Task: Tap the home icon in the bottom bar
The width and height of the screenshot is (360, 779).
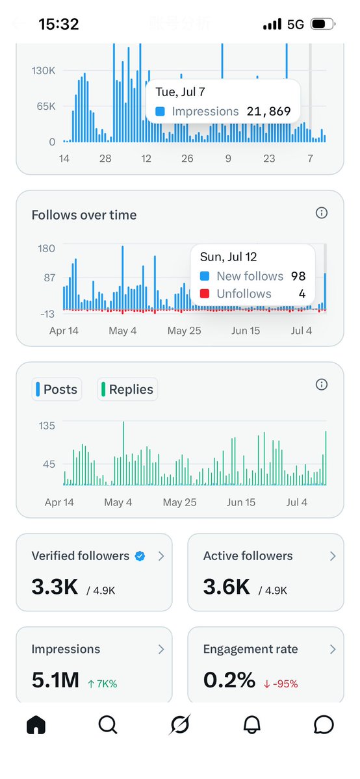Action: pos(36,725)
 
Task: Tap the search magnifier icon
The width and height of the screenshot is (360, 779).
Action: pos(107,725)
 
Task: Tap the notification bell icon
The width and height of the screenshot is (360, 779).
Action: pos(252,725)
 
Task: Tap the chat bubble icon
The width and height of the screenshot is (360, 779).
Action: pos(324,725)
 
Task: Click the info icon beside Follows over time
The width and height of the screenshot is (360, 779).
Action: pos(322,213)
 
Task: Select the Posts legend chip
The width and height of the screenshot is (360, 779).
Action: pos(57,390)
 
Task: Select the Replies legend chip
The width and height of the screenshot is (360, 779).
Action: pos(127,390)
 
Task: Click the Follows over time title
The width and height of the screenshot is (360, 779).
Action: pos(84,215)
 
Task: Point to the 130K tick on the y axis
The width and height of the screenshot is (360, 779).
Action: pos(44,71)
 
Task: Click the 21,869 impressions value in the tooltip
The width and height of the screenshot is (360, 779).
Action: pos(268,112)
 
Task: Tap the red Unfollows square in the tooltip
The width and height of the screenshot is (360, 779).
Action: pos(204,294)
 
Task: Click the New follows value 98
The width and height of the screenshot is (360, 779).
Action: pos(298,276)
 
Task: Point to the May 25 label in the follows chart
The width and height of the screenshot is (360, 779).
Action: pos(184,331)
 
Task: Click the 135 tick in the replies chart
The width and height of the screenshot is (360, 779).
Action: pos(47,426)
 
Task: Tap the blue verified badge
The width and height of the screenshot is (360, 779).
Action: pos(140,556)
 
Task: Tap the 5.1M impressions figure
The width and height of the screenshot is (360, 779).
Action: pos(55,680)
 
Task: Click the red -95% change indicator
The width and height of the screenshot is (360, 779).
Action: pos(281,684)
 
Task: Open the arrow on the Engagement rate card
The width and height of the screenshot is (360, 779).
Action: pos(333,649)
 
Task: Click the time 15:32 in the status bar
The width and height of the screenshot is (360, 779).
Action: pos(58,24)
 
